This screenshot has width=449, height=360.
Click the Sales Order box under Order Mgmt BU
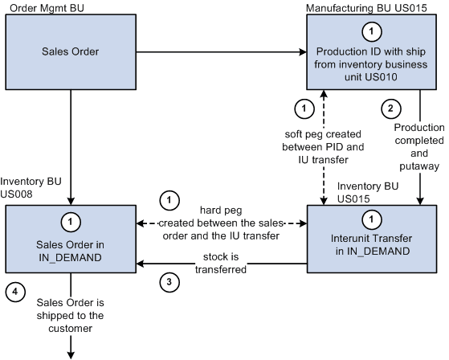(x=71, y=52)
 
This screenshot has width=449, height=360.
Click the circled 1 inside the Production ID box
(x=371, y=31)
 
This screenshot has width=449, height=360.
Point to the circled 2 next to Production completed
(x=389, y=107)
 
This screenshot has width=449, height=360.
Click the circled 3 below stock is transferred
(x=168, y=282)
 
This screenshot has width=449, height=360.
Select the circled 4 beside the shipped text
(x=15, y=291)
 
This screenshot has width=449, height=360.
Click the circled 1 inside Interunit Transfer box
(x=371, y=218)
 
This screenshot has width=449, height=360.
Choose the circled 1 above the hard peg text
(x=168, y=198)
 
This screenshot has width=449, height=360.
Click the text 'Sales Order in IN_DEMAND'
(x=71, y=244)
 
